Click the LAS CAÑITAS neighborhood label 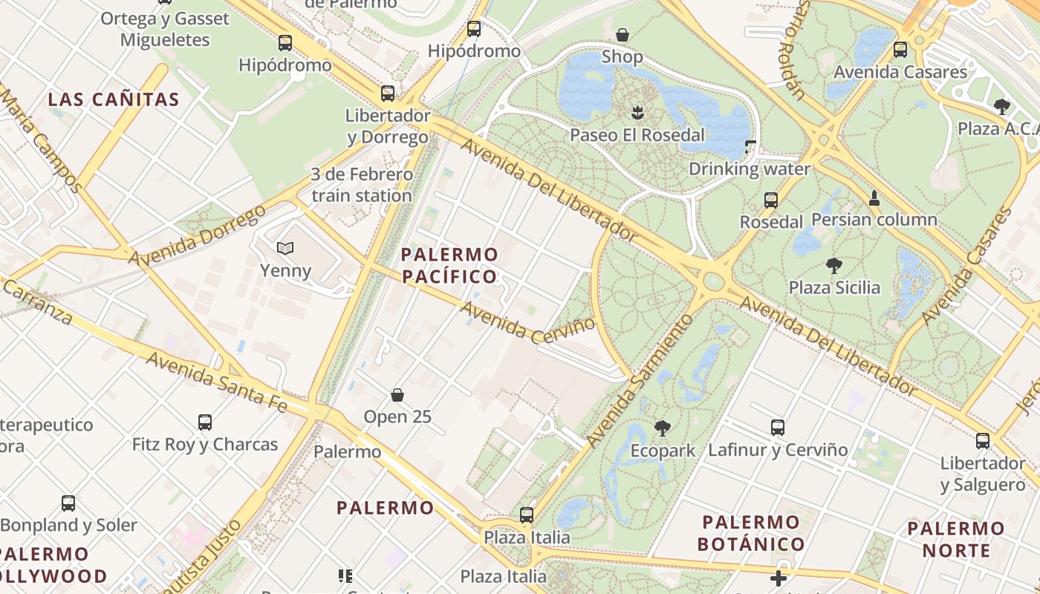(x=114, y=99)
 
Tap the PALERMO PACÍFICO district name (x=449, y=266)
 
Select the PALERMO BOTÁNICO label (x=750, y=533)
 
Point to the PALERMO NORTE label (x=957, y=540)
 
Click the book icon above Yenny (x=285, y=248)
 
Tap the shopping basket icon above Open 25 (x=397, y=394)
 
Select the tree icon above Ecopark (x=662, y=428)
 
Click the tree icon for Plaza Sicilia (x=833, y=265)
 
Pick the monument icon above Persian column (x=874, y=198)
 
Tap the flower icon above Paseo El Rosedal (x=637, y=113)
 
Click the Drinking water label (x=749, y=169)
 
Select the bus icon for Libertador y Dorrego (x=388, y=93)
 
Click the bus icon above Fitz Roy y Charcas (x=205, y=422)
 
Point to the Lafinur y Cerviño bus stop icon (x=778, y=427)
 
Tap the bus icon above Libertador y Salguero (x=983, y=440)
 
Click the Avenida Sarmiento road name (x=640, y=380)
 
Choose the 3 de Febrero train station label (x=361, y=186)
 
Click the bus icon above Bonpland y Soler (x=68, y=503)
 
